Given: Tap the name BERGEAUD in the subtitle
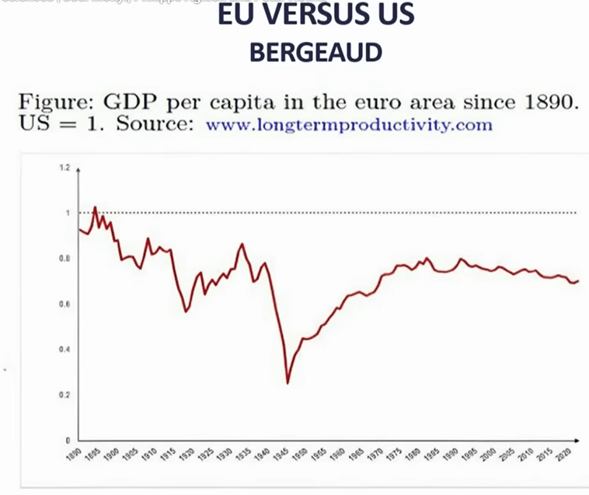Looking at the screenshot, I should (315, 52).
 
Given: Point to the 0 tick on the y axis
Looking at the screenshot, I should (69, 440).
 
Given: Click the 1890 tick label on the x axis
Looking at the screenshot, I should (72, 455).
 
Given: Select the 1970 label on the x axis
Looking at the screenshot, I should (376, 455).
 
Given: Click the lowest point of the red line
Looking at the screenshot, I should (288, 382).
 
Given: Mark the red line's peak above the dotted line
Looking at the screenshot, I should (95, 207).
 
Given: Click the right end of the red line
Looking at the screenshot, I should (579, 281).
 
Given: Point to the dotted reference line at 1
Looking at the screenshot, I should (350, 212).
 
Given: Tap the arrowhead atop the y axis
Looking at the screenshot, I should (78, 167).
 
